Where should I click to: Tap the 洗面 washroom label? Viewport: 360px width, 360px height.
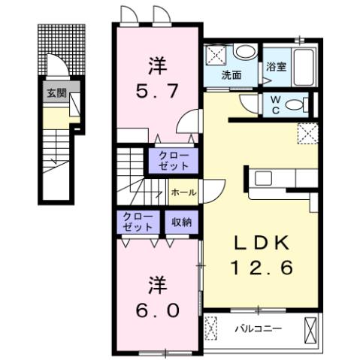click(231, 75)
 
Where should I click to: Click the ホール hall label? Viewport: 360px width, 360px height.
click(184, 192)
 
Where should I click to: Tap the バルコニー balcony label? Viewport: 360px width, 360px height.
click(257, 328)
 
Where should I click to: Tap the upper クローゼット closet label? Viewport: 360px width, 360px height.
click(173, 160)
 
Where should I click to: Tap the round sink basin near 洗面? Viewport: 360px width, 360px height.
click(243, 52)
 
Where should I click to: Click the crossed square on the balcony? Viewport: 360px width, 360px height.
click(310, 328)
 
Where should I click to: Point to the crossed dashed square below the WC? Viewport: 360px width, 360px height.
click(306, 133)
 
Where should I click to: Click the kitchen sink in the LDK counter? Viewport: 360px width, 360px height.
click(264, 178)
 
